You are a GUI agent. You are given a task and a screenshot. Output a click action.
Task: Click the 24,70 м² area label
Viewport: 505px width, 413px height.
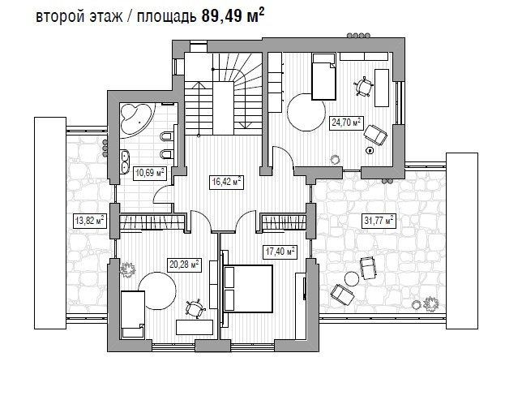point(346,123)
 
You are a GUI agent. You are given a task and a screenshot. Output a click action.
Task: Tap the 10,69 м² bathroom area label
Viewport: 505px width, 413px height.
point(150,173)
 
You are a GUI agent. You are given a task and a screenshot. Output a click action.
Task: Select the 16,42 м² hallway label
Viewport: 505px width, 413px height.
point(226,183)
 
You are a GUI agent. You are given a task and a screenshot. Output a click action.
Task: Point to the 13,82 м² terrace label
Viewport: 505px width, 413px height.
point(89,222)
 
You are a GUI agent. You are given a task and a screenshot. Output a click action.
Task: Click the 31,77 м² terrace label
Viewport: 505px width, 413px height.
point(379,222)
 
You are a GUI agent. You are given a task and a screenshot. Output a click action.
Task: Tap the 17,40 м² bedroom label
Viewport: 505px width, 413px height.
point(280,252)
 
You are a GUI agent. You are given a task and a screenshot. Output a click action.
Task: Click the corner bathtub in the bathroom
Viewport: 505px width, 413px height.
point(136,118)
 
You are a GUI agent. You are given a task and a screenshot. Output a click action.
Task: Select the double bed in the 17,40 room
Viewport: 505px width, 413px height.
point(248,289)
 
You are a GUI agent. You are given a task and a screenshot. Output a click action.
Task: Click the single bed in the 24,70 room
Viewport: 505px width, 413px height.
point(324,77)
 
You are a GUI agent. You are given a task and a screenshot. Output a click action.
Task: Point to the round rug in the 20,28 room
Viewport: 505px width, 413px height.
point(157,290)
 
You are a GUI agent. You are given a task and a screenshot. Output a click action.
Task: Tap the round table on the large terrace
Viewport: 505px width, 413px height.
point(351,278)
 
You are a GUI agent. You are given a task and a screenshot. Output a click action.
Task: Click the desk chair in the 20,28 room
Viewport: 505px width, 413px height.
point(195,308)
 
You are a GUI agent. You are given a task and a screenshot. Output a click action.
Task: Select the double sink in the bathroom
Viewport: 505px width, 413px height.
point(124,161)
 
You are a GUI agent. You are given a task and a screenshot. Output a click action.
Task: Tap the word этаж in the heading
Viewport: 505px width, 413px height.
point(106,17)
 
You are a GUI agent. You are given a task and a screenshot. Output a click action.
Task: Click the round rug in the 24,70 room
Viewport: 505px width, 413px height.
point(306,112)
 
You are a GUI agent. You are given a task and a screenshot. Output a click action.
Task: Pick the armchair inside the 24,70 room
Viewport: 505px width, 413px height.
point(375,135)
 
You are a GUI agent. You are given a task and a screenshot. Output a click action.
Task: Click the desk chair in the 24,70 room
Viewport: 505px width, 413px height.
point(364,86)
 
